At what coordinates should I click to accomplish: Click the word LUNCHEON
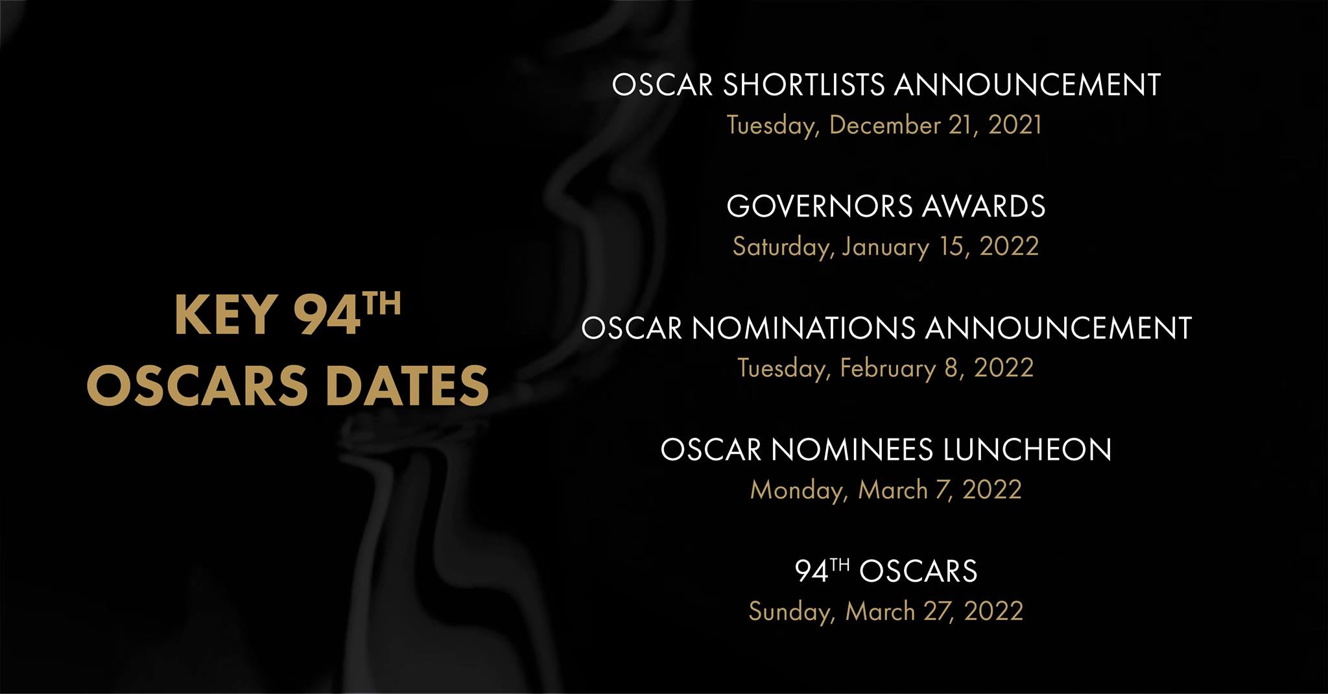(x=1027, y=449)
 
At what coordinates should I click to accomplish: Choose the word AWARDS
(x=984, y=206)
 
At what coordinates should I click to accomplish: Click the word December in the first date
(x=885, y=125)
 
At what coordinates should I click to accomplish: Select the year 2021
(x=1015, y=125)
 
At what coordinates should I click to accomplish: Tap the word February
(x=888, y=369)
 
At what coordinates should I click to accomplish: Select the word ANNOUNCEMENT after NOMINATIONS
(x=1058, y=328)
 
